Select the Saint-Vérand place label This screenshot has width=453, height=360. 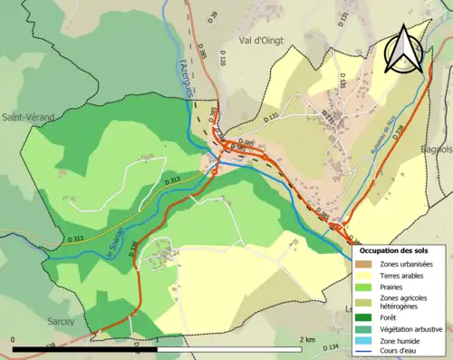(28, 117)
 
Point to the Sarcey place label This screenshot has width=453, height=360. (62, 321)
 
